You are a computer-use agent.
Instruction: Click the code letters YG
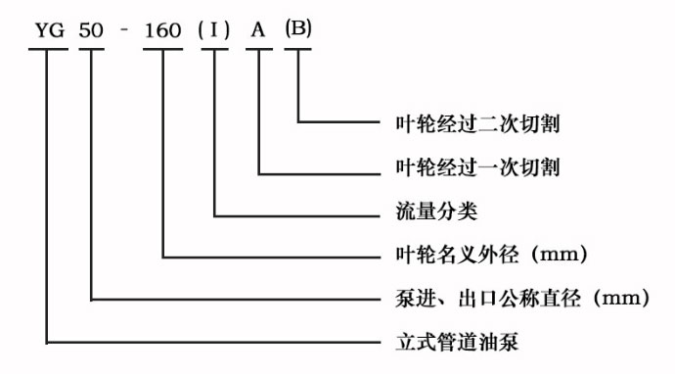click(48, 30)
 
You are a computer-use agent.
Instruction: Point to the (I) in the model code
click(213, 30)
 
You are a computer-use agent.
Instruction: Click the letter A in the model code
click(258, 30)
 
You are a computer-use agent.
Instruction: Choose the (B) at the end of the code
click(297, 29)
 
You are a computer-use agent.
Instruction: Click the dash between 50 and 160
click(125, 30)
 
